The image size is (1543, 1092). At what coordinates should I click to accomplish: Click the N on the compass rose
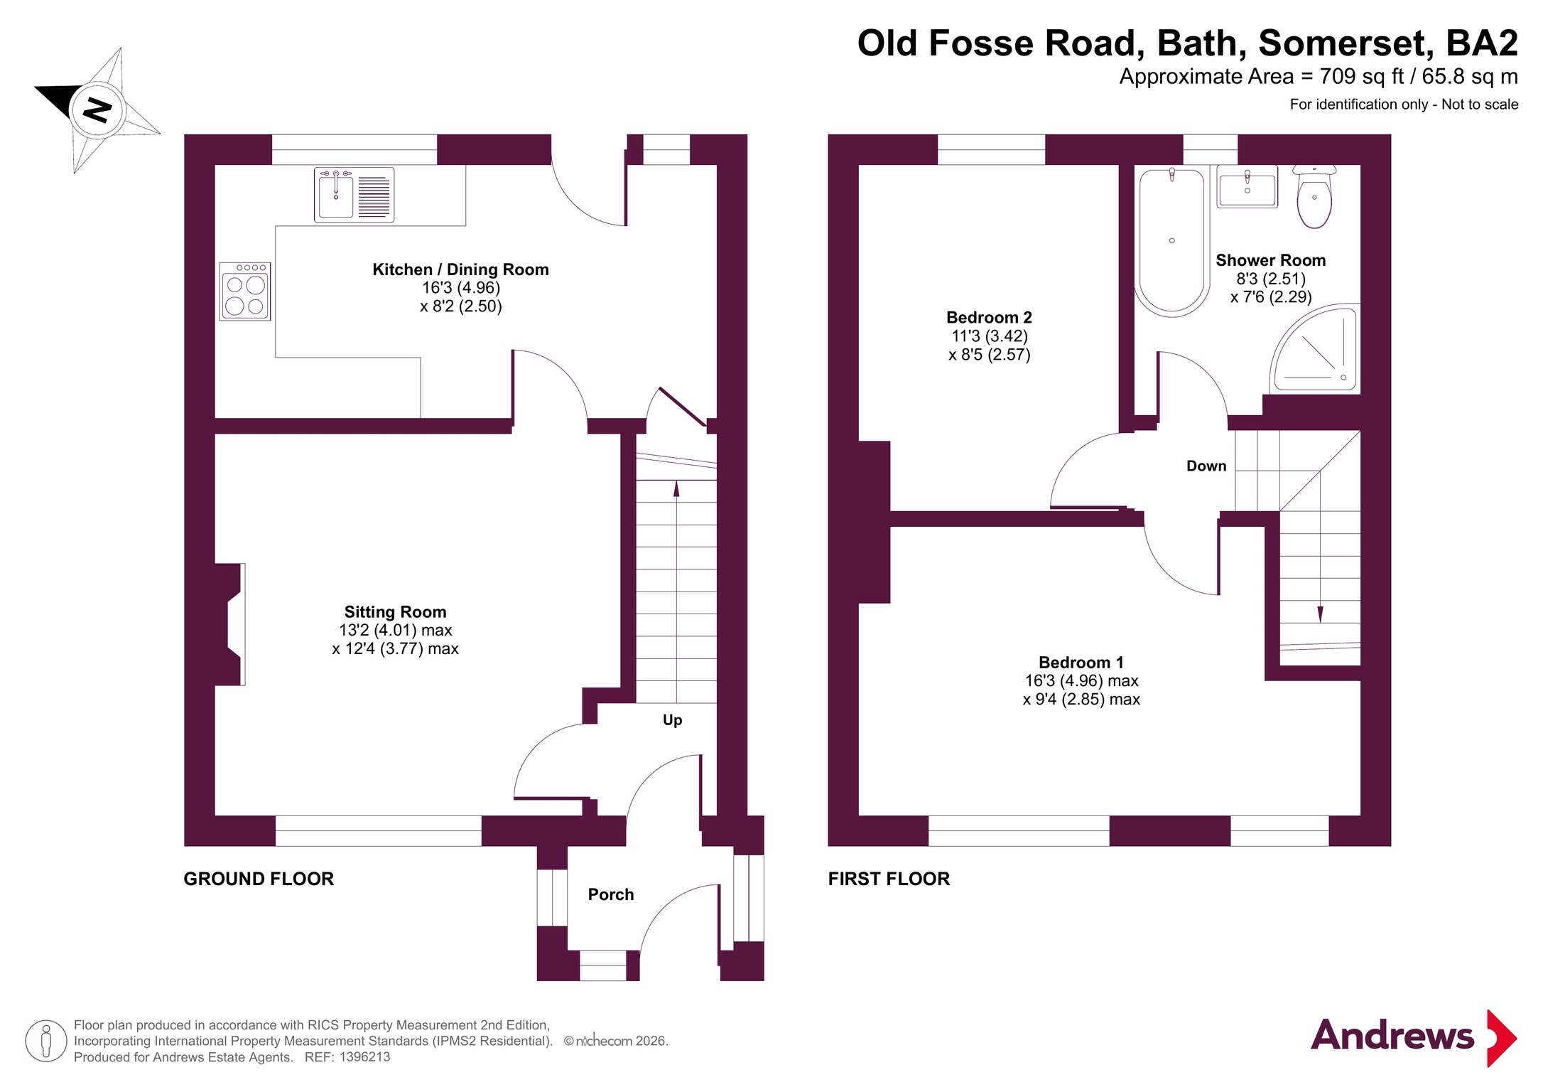pos(97,110)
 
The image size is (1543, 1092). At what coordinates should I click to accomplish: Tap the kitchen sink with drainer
pos(354,194)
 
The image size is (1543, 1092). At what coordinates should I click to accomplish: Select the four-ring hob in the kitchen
pos(245,291)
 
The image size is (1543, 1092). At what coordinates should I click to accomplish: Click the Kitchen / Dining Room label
pos(460,269)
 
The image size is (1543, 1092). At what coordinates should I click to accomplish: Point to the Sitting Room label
pos(395,612)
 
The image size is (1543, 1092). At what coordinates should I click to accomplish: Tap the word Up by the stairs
pos(672,720)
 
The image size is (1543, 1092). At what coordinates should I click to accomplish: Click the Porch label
pos(611,894)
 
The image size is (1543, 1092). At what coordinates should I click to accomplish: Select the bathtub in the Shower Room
pos(1172,241)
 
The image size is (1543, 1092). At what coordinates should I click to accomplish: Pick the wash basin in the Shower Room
pos(1247,187)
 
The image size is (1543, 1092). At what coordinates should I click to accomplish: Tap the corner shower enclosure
pos(1314,348)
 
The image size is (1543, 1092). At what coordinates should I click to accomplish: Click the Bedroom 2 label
pos(989,317)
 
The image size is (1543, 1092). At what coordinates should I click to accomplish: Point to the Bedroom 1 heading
pos(1081,663)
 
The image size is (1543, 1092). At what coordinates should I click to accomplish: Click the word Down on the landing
pos(1206,466)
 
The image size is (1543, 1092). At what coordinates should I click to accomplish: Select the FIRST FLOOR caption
pos(889,879)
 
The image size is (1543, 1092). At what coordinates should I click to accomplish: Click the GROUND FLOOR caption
pos(259,879)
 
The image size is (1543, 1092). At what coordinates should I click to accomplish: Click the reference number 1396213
pos(364,1057)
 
